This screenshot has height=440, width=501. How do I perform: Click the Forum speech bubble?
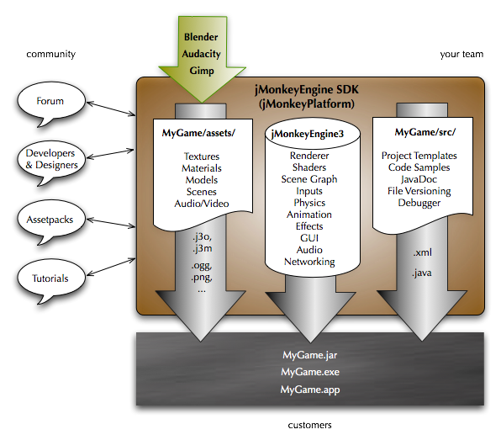point(50,102)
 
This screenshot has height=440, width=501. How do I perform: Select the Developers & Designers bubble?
point(50,159)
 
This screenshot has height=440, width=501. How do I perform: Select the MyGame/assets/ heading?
point(200,132)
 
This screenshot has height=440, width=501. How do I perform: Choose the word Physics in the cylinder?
point(309,203)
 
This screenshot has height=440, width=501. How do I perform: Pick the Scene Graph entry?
point(309,179)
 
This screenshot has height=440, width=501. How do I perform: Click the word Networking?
point(309,262)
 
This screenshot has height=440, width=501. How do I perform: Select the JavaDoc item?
point(419,179)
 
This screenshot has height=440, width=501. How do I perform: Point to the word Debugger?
point(419,203)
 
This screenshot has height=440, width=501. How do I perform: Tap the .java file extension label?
point(423,273)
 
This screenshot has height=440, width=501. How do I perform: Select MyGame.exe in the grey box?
point(311,372)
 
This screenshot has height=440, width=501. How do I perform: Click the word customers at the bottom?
point(310,426)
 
